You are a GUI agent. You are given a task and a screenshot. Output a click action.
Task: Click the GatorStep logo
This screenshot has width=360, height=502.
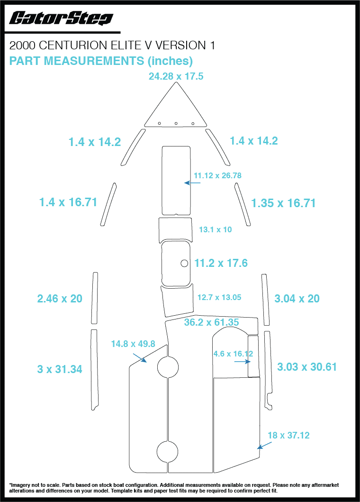coord(61,18)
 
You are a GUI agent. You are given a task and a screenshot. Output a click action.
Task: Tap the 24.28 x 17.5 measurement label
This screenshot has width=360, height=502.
coord(176,76)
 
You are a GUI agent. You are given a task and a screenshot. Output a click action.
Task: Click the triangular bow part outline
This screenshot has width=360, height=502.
coord(176,107)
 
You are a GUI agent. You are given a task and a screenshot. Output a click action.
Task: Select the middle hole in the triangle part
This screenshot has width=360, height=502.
coord(176,123)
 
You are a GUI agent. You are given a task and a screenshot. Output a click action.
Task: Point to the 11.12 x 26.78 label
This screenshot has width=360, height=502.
coord(217,175)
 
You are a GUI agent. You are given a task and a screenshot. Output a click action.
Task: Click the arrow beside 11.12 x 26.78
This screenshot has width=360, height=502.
coord(192,183)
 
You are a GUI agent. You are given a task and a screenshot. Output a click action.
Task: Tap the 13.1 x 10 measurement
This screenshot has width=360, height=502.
coord(215,229)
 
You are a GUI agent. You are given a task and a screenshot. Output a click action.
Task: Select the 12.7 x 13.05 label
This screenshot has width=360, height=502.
coord(219,298)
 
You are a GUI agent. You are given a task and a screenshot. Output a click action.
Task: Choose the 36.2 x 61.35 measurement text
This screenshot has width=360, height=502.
coord(211,322)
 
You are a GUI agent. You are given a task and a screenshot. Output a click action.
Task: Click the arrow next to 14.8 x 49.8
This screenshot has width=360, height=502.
coord(140,357)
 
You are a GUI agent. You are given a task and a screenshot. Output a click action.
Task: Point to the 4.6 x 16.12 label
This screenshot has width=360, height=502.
coord(233,354)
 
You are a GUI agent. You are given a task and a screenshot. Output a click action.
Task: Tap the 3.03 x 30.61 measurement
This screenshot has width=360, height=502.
coord(306,367)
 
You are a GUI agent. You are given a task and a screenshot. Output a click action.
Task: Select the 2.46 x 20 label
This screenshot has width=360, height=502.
coord(60,299)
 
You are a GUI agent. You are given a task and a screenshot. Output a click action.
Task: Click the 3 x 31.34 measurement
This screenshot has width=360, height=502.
coord(60,369)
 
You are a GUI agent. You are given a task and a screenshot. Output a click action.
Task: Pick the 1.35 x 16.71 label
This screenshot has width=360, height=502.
coord(283,203)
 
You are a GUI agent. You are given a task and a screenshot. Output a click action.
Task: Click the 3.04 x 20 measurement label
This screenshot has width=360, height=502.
coord(297,299)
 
